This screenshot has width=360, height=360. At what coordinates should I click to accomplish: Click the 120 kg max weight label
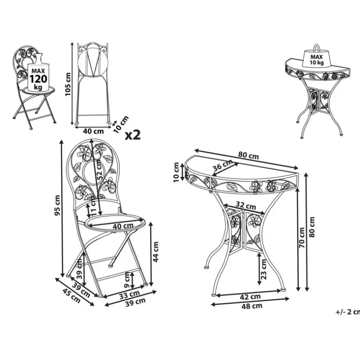(x=38, y=79)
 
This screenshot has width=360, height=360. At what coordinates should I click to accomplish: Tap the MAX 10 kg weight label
(x=317, y=60)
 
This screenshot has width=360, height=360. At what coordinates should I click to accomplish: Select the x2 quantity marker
(x=133, y=135)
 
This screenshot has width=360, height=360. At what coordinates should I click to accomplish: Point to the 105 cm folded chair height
(x=68, y=84)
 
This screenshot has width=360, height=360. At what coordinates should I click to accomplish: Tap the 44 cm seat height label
(x=156, y=252)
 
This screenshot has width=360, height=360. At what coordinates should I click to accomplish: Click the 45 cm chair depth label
(x=72, y=296)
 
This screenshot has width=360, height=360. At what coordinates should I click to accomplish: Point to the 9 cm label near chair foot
(x=127, y=280)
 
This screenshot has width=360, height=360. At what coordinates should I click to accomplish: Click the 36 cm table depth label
(x=222, y=165)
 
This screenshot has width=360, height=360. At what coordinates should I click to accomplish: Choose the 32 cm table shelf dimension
(x=246, y=205)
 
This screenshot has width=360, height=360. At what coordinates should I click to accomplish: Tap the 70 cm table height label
(x=302, y=237)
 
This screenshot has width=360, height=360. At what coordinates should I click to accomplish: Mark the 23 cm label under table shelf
(x=264, y=269)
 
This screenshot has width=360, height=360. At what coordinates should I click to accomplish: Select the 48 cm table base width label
(x=252, y=306)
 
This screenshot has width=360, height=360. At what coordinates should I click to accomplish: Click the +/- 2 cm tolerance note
(x=348, y=312)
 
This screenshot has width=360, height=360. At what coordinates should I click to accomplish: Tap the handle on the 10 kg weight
(x=317, y=47)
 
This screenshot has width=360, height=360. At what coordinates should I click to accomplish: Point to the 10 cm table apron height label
(x=176, y=172)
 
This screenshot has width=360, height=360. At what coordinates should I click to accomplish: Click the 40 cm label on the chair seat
(x=123, y=226)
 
